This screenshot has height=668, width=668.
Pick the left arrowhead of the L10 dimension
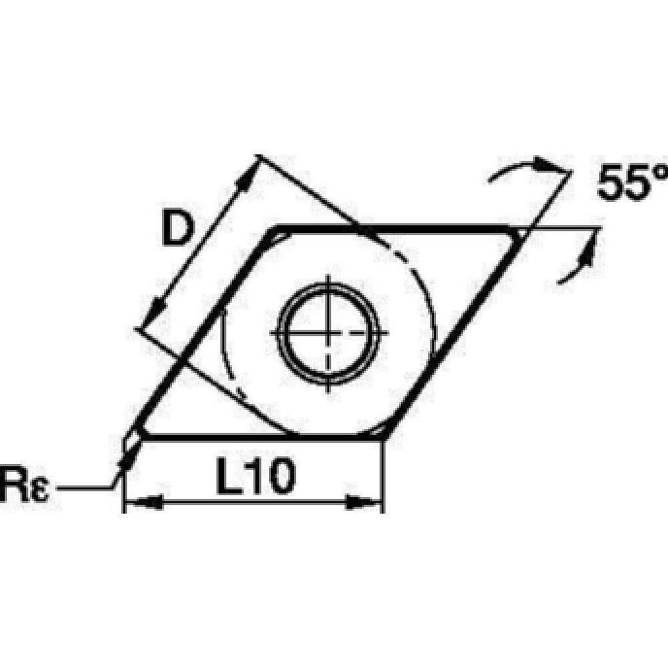coord(144,500)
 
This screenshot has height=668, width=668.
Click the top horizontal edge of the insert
coord(401,228)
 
